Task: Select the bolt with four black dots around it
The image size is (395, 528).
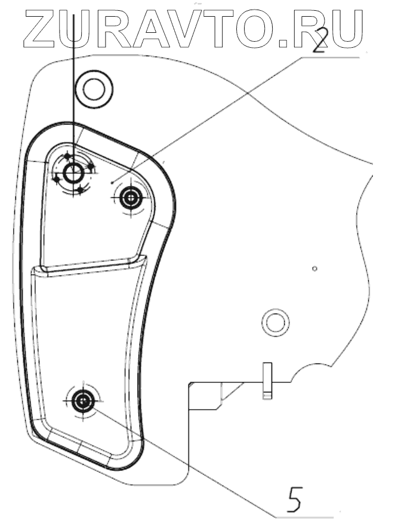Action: (74, 174)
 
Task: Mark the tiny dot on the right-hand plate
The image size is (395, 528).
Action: (314, 268)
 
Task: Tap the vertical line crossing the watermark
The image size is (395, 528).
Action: (73, 78)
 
